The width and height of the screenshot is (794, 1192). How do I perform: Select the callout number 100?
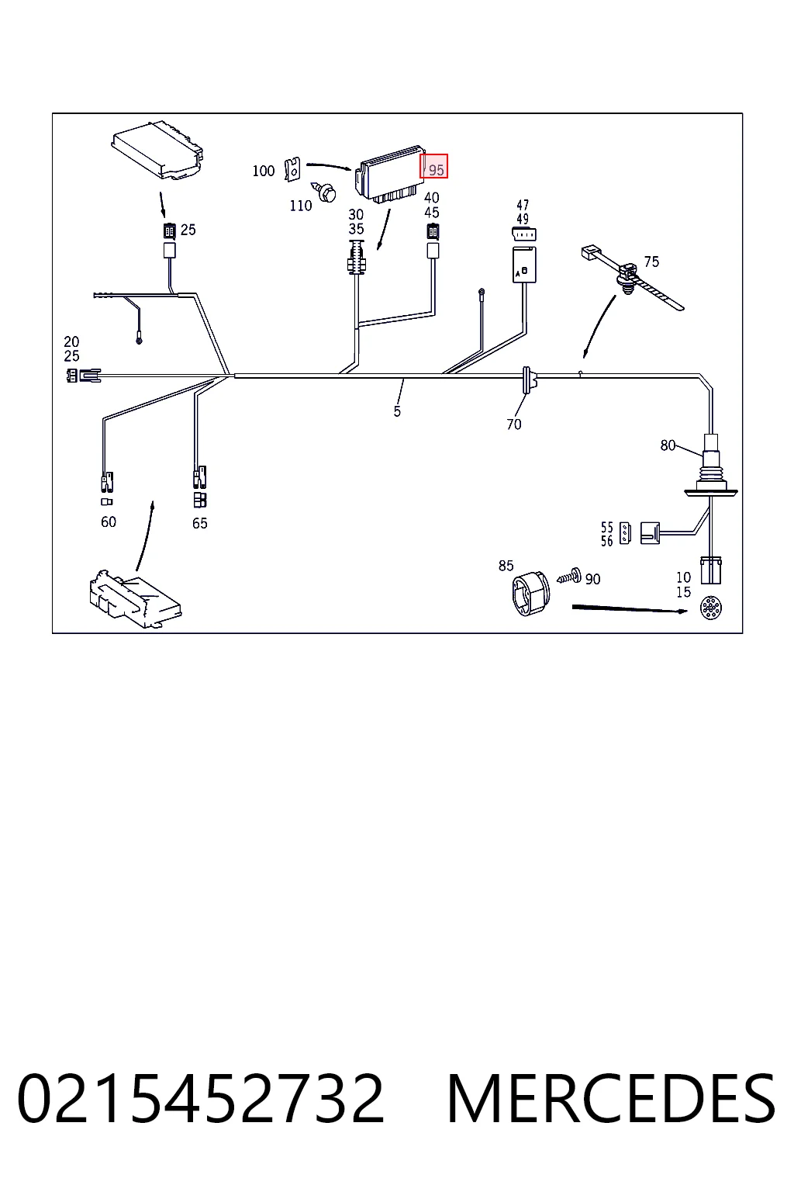[264, 171]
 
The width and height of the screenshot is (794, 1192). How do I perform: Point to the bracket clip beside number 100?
[292, 169]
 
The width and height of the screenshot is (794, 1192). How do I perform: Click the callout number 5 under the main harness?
[397, 411]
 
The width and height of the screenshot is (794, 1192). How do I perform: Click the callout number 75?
[651, 262]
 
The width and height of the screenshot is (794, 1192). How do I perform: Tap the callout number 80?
[668, 445]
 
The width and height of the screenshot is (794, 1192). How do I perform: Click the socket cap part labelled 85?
[530, 594]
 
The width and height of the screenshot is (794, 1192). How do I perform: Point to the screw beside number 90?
[569, 577]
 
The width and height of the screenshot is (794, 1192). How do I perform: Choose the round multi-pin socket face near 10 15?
[711, 608]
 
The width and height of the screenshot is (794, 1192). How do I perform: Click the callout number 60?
[109, 522]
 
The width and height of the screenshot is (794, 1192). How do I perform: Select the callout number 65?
[200, 524]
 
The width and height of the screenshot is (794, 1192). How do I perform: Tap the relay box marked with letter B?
[524, 265]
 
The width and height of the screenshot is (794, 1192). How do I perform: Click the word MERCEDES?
[612, 1099]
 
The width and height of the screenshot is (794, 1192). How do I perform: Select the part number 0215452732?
[201, 1099]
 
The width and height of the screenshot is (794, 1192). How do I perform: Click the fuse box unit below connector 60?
[135, 600]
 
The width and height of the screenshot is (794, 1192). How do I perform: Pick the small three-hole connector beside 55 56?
[625, 533]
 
